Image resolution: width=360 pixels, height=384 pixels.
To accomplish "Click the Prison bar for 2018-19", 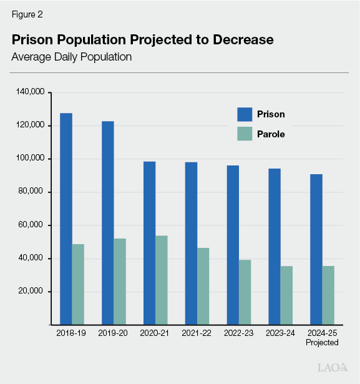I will pyautogui.click(x=66, y=219).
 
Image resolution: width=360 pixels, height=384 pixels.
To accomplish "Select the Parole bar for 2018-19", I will pyautogui.click(x=78, y=284).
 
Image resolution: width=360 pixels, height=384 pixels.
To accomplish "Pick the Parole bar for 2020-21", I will pyautogui.click(x=162, y=280).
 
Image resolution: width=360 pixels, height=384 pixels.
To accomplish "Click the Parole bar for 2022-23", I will pyautogui.click(x=245, y=292).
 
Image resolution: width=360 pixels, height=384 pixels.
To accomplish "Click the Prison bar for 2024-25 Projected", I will pyautogui.click(x=316, y=249).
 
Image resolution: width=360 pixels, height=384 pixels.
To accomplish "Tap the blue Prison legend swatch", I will pyautogui.click(x=245, y=114).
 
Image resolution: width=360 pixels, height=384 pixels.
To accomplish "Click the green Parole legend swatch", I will pyautogui.click(x=245, y=134).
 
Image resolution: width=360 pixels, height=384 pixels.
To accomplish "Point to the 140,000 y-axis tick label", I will pyautogui.click(x=30, y=92).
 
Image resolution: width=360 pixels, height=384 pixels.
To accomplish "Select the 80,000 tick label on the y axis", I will pyautogui.click(x=32, y=192).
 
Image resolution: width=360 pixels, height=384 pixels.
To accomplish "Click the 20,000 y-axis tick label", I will pyautogui.click(x=32, y=292).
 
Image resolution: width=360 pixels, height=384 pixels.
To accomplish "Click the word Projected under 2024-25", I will pyautogui.click(x=322, y=343).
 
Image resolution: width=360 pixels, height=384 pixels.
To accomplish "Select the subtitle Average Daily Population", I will pyautogui.click(x=72, y=57).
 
